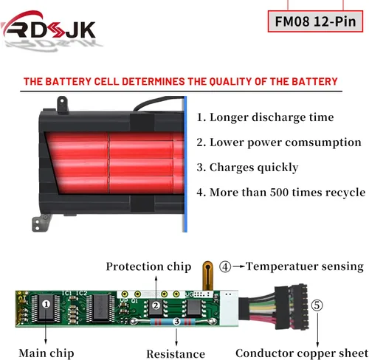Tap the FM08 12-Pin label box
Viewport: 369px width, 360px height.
(x=315, y=21)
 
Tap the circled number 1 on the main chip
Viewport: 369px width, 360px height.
(x=46, y=305)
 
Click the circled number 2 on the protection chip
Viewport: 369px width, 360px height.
(x=156, y=305)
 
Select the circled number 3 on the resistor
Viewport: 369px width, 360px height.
(x=176, y=322)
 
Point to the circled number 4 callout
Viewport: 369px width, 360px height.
(x=225, y=267)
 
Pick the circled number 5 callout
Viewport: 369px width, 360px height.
(x=317, y=305)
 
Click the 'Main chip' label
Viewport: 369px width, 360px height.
(x=46, y=353)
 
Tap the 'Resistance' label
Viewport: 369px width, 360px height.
(x=176, y=354)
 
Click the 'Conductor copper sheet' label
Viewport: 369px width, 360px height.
(x=302, y=353)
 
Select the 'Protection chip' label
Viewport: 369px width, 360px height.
(x=148, y=267)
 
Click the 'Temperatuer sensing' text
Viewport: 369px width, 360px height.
(x=305, y=266)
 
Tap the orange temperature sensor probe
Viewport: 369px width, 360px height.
(x=208, y=275)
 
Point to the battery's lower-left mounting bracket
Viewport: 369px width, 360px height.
(x=41, y=223)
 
